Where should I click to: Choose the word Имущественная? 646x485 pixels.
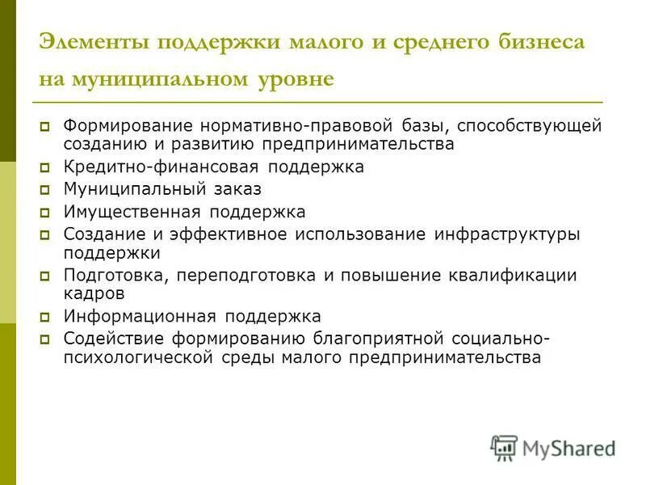[133, 212]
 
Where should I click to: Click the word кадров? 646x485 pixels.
[94, 293]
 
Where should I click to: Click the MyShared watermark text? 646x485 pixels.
[568, 448]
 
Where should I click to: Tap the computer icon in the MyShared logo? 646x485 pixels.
[504, 447]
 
